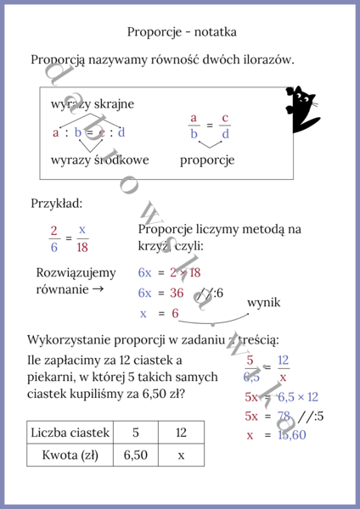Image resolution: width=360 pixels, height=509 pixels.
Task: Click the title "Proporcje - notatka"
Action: pos(182,31)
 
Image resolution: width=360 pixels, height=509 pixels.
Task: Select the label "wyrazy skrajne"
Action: pos(93,103)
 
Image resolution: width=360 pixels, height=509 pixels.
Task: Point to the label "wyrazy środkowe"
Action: pos(100,159)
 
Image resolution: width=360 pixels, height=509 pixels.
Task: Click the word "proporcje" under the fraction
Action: pos(207,159)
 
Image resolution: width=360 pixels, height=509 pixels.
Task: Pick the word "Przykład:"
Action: pos(57,204)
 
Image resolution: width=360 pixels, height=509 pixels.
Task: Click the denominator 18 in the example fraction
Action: pos(82,248)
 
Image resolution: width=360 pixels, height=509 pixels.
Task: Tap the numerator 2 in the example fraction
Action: pos(53,230)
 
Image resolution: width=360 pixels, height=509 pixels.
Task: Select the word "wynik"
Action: pos(263,303)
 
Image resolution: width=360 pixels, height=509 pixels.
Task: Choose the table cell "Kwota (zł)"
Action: pos(70,455)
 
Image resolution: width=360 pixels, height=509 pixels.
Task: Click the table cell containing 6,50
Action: pos(135,455)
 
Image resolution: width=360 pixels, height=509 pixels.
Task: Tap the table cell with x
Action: pos(181,455)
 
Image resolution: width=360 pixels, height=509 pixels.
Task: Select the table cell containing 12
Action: pos(181,433)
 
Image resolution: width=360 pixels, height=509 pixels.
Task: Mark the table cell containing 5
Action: pos(135,433)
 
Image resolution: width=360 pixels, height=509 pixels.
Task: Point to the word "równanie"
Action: pos(61,290)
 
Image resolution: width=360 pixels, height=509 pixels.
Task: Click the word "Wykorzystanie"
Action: pos(68,339)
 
